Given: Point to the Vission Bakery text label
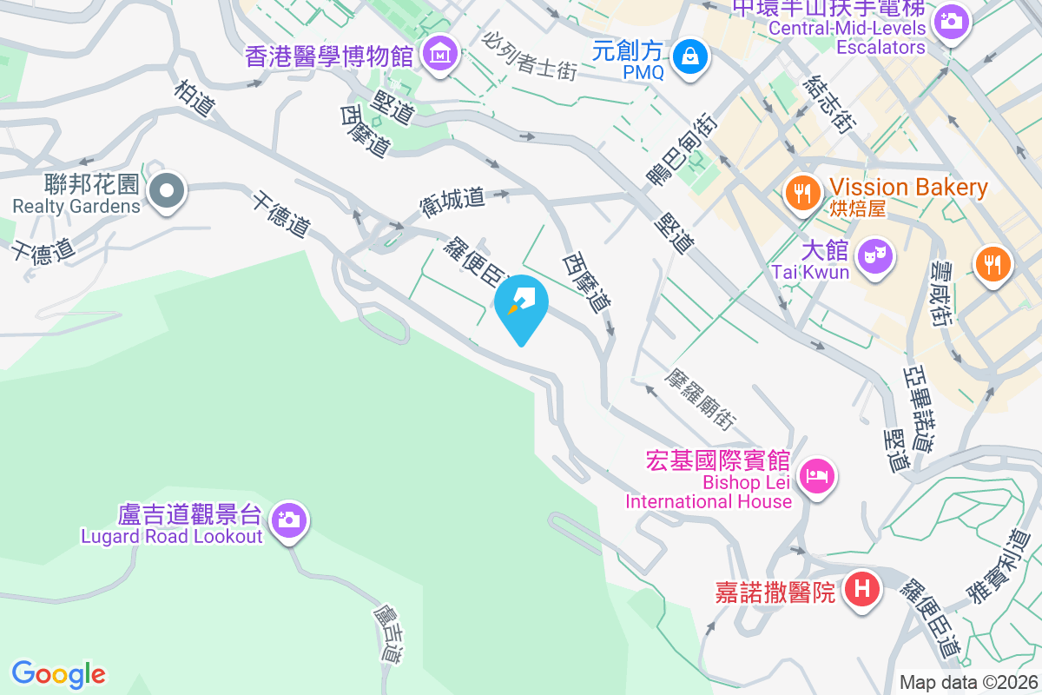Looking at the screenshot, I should (x=908, y=187).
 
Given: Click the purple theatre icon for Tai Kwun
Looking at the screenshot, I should (x=874, y=255).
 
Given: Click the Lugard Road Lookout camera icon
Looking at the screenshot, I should (x=287, y=520).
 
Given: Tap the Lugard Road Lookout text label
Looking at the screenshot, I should (x=172, y=536).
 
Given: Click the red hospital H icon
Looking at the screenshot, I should (x=861, y=590).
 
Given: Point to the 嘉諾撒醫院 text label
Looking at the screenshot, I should (x=775, y=592).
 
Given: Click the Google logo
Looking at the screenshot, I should (x=59, y=673).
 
